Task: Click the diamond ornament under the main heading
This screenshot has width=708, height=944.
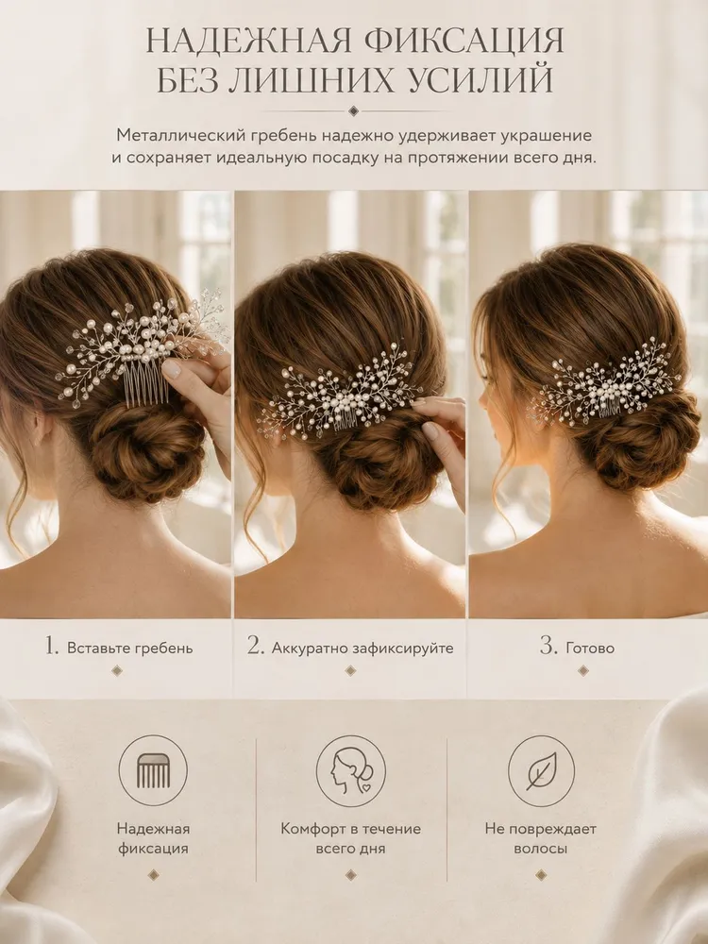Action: [354, 110]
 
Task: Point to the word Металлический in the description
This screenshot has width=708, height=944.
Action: [176, 136]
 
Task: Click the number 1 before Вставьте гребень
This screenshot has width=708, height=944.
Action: [52, 646]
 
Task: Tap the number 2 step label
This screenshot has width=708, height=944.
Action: [255, 646]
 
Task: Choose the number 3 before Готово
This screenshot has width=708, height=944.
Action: [548, 646]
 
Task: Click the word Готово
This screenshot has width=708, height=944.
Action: [590, 649]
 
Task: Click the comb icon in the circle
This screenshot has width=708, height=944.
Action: [153, 771]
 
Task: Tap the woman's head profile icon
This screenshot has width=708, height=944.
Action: [351, 771]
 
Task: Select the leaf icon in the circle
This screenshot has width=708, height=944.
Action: [541, 771]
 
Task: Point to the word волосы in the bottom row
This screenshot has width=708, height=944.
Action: [541, 849]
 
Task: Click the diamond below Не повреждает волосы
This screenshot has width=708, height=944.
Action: [541, 875]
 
